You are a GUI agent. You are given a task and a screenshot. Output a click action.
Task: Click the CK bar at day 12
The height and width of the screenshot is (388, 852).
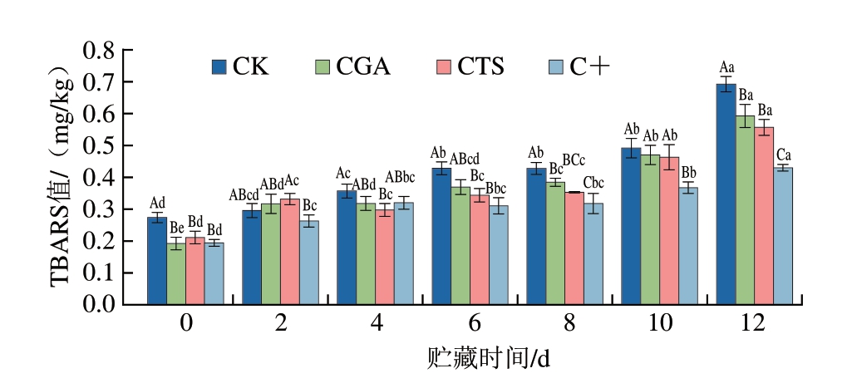pos(726,194)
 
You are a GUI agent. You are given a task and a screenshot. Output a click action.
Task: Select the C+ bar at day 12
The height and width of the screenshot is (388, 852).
pos(783,236)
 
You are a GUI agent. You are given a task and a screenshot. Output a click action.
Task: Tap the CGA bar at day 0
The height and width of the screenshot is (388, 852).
pos(176,273)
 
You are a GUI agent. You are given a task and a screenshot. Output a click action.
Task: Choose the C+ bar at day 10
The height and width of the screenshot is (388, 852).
pos(688,246)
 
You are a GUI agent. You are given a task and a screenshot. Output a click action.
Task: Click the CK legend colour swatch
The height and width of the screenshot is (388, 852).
pos(220,66)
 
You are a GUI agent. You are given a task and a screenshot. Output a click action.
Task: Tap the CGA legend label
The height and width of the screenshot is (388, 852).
pos(363,66)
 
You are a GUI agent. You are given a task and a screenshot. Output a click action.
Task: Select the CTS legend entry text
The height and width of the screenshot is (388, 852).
pos(480,66)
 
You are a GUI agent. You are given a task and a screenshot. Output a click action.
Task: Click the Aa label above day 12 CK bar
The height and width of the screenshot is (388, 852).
pos(726,67)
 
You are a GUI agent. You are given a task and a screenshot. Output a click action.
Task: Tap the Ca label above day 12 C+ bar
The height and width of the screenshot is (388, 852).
pos(784,155)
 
